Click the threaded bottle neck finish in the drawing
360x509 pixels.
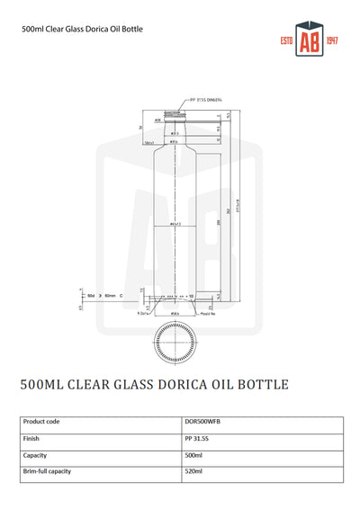(x=172, y=115)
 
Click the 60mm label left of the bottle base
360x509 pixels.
(x=112, y=295)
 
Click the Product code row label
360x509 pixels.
(x=41, y=421)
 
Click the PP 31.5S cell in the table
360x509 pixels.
(x=195, y=438)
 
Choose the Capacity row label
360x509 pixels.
(x=37, y=455)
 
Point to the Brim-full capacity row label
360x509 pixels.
(x=47, y=471)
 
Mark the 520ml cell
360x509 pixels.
(x=193, y=471)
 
